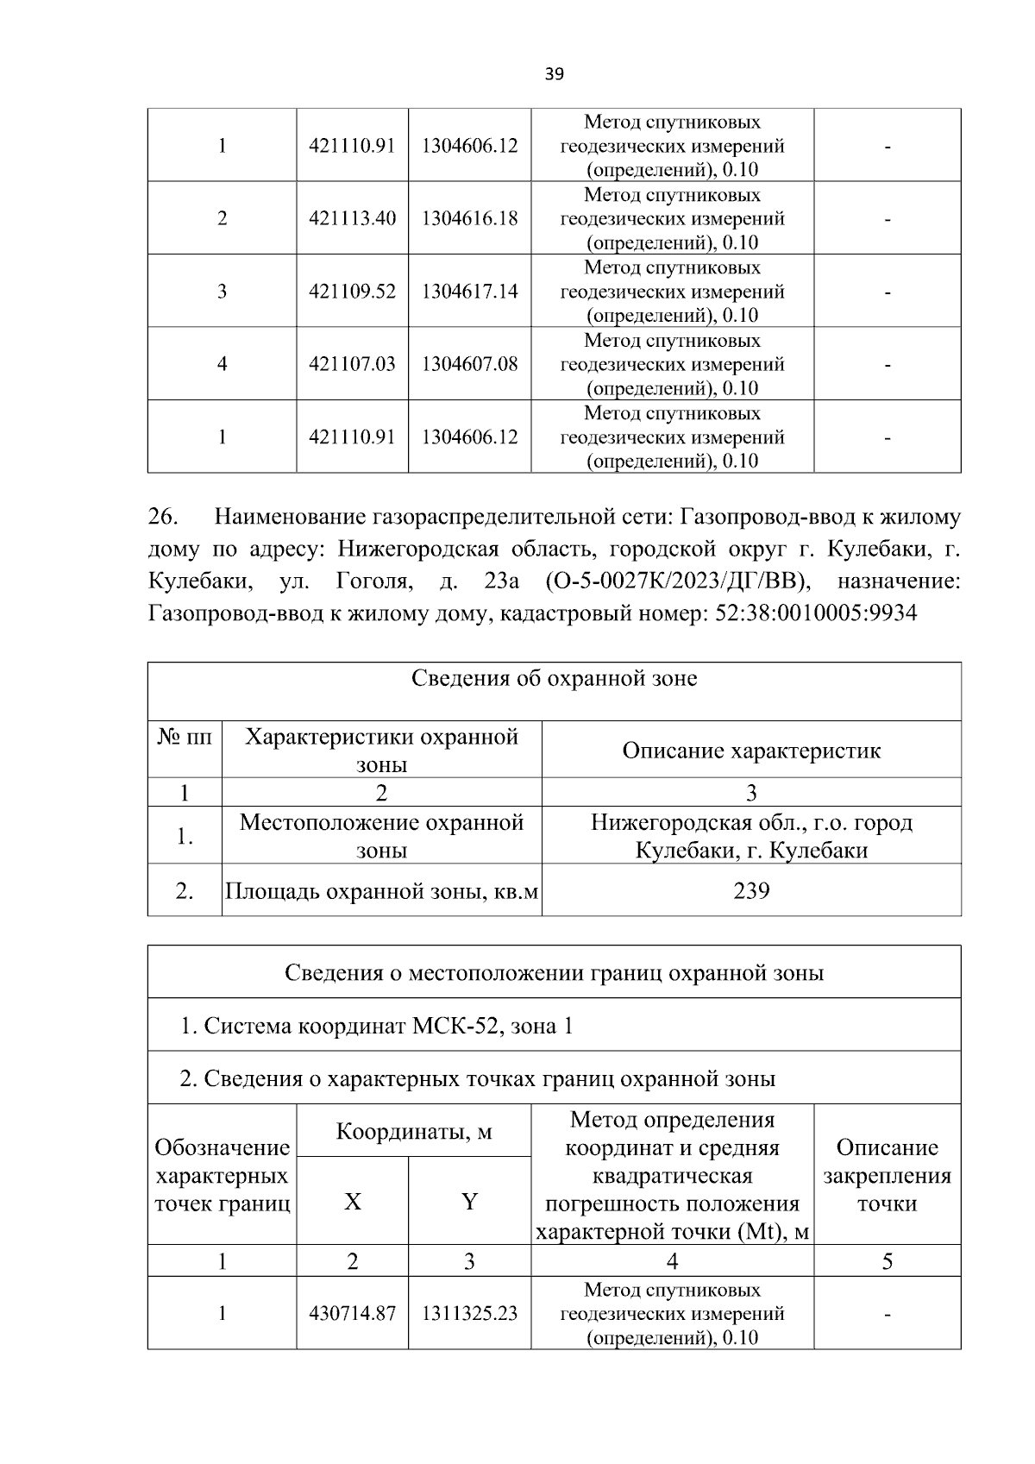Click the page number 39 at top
point(555,74)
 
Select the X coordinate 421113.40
point(352,218)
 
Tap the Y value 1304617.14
point(469,292)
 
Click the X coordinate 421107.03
point(352,364)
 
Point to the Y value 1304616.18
point(469,218)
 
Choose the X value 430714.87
point(352,1313)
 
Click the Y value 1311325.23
point(469,1313)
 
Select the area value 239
point(751,890)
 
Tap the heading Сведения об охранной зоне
point(554,679)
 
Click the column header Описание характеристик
point(751,751)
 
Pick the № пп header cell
point(185,738)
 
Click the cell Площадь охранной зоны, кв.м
point(381,890)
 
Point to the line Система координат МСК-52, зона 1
point(376,1026)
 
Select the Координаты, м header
point(413,1131)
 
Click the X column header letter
point(352,1202)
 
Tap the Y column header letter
point(469,1202)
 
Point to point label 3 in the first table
point(222,292)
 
